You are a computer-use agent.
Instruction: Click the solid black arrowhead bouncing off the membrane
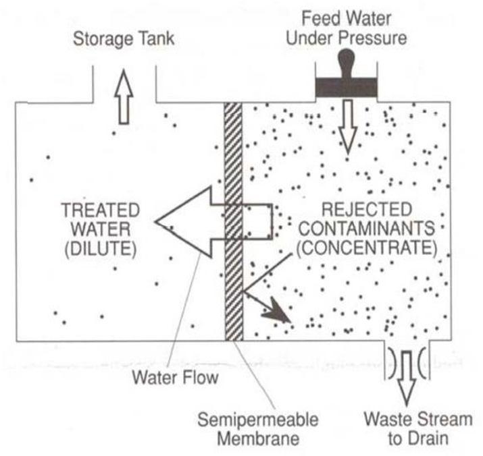click(x=278, y=312)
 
